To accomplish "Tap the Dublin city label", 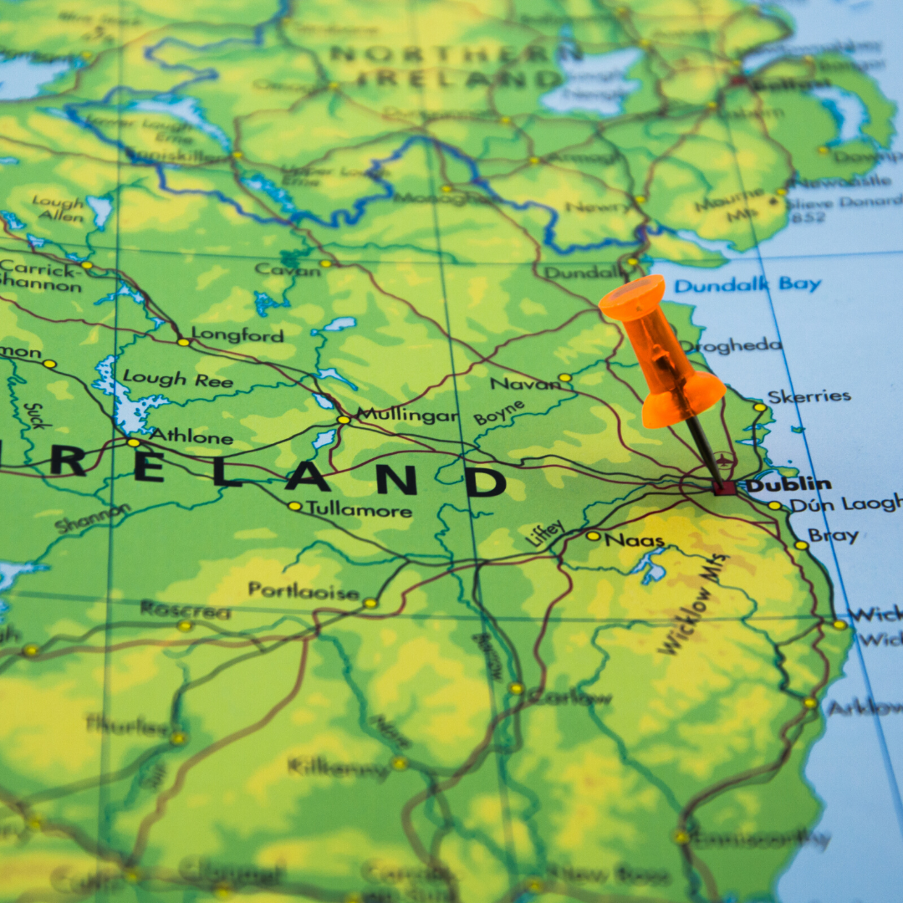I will tap(788, 484).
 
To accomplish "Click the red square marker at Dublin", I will tap(724, 487).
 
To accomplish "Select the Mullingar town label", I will tap(407, 415).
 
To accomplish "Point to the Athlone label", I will tap(191, 436).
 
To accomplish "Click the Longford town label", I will tap(237, 335).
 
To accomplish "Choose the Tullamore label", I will tap(359, 508).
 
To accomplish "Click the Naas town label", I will tap(635, 540).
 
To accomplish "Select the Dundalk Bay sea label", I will tap(747, 285).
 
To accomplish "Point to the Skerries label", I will tap(809, 397).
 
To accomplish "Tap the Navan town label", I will tap(525, 384).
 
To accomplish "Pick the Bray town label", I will tap(833, 536).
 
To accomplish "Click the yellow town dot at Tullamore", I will tap(293, 506).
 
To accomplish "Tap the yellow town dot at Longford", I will tap(182, 341).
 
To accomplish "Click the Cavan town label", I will tap(288, 269).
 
